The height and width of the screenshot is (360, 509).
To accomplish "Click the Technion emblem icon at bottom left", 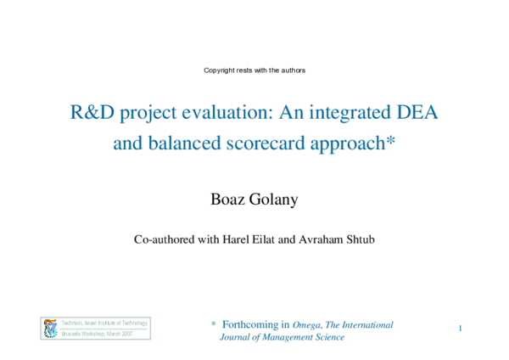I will [x=49, y=329].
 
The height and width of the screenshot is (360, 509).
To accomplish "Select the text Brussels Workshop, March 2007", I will [x=98, y=335].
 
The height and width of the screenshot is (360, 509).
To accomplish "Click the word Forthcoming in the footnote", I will [x=255, y=324].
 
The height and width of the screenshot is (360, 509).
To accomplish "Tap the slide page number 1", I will [x=459, y=328].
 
